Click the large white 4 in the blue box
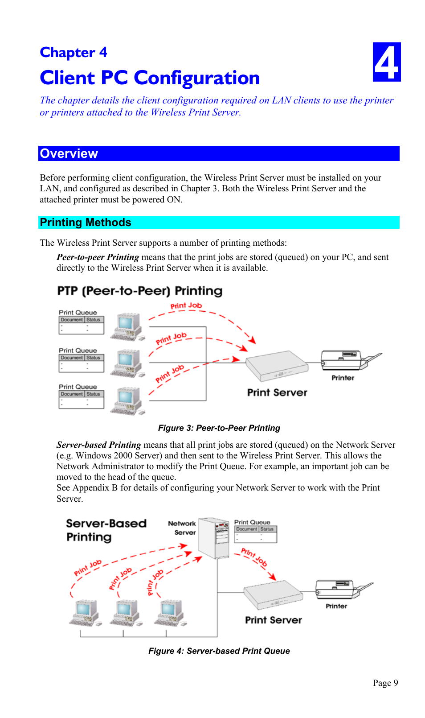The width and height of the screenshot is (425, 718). [386, 62]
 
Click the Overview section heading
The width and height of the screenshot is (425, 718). [69, 153]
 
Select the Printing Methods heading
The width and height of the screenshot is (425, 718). [86, 223]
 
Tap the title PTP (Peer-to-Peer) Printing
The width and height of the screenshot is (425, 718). [140, 291]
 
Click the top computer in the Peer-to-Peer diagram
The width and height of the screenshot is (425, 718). [128, 326]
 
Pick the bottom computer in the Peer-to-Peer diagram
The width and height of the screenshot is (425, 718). [128, 400]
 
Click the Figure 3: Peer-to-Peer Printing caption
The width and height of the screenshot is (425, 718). [219, 428]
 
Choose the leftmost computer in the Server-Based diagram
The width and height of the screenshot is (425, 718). [85, 613]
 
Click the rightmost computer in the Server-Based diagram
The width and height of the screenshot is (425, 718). [170, 613]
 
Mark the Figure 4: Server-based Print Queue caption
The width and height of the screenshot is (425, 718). [219, 651]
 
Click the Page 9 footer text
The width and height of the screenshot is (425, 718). [385, 683]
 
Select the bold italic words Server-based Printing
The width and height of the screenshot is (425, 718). [98, 445]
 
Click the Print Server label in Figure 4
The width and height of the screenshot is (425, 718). [273, 620]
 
